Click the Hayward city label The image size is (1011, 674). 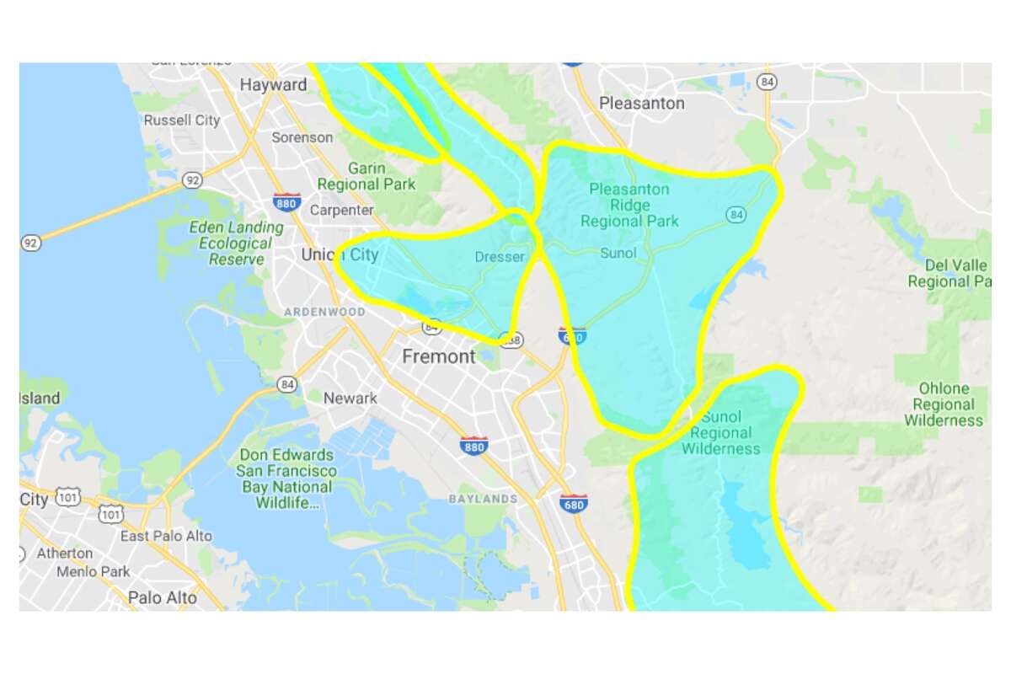273,85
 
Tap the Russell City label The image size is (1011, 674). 182,120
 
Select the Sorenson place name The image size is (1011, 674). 302,136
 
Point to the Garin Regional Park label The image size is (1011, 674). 366,175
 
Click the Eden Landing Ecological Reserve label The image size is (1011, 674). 236,243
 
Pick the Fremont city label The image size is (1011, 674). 438,356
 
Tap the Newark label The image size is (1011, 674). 350,398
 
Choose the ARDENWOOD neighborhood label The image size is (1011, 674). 324,312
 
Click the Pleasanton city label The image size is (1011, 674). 641,104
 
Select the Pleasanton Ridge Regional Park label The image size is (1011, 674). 629,205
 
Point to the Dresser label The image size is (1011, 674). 500,257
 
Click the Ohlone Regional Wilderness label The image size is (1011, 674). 944,404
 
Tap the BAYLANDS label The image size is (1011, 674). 483,499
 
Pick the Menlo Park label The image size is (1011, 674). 94,571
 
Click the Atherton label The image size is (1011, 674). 65,554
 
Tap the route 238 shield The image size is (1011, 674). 510,340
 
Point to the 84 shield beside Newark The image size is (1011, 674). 288,385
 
